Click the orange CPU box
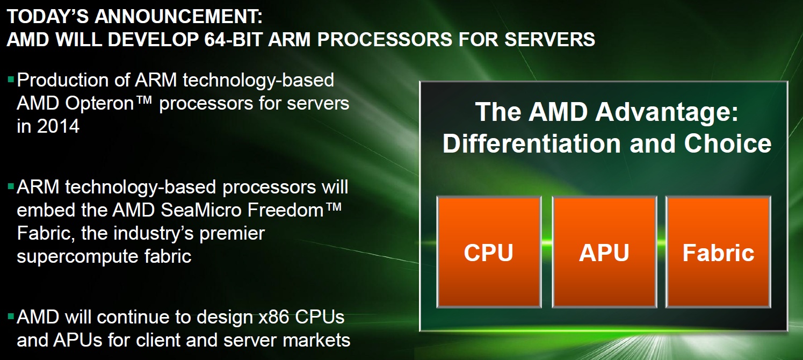[x=489, y=251]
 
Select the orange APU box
[x=604, y=251]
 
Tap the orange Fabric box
[x=718, y=251]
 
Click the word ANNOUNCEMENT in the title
[x=178, y=17]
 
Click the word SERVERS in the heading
[x=550, y=39]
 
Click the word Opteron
[x=99, y=104]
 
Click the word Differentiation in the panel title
[x=532, y=143]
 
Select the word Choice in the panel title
[x=728, y=143]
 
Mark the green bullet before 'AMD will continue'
[x=11, y=316]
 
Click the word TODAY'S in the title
[x=48, y=17]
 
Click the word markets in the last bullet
[x=316, y=340]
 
